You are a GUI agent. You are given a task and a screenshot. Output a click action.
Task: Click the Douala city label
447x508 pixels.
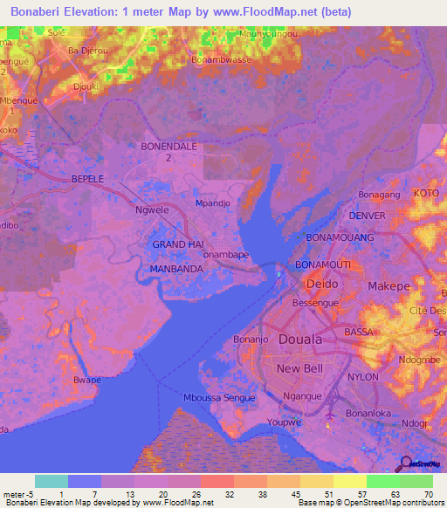299,339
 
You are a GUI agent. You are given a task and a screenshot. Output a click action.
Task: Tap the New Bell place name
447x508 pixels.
299,369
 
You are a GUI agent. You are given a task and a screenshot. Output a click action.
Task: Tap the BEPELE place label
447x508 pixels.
87,178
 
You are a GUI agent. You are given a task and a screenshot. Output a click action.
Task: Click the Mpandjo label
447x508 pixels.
212,203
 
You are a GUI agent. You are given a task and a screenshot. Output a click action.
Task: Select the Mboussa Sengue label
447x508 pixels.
220,398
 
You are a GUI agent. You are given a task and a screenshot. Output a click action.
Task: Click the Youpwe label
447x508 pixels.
284,422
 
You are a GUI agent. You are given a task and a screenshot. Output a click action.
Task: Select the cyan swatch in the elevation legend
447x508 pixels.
51,481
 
